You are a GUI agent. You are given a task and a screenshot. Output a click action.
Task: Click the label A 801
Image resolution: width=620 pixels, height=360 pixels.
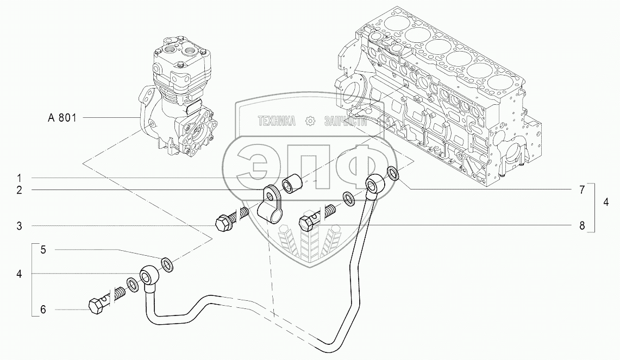pos(62,118)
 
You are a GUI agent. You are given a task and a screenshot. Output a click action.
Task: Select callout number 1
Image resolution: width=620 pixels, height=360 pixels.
pos(19,178)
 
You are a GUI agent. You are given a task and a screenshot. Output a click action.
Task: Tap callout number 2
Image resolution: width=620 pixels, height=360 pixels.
pos(20,190)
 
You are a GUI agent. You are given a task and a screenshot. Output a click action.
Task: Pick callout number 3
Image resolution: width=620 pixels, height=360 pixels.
pos(20,226)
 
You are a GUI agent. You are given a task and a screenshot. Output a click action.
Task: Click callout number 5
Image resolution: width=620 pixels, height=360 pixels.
pos(43,250)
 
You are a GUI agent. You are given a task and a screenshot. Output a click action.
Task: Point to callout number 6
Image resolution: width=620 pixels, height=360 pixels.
pos(43,310)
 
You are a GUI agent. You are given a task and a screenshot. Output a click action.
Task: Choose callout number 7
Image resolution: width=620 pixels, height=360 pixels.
pos(581,190)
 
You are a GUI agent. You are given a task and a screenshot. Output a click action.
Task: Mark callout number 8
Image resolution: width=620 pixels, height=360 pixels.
pos(581,226)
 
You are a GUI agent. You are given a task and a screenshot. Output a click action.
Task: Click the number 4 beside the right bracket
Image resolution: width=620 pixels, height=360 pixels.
pos(606,203)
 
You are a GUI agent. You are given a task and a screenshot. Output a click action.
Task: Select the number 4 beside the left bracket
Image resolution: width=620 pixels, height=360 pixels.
pos(20,274)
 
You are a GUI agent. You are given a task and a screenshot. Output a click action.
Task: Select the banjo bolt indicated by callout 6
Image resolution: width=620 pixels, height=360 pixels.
pos(106,300)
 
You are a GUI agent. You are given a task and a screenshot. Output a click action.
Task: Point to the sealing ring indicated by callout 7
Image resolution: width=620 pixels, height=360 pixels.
pos(393,173)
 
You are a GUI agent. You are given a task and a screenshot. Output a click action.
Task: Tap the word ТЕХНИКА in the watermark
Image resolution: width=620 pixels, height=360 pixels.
pos(277,121)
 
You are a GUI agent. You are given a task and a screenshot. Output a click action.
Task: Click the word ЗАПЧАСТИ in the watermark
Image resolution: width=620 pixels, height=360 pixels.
pos(346,121)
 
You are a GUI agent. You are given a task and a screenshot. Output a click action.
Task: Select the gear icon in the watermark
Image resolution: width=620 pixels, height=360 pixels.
pos(310,121)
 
